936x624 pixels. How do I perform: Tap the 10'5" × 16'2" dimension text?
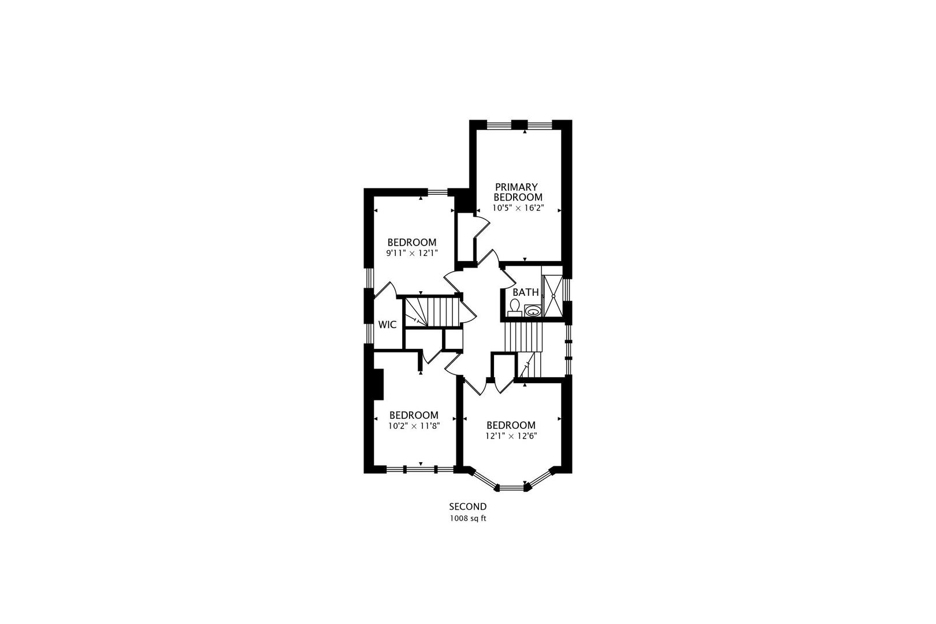pyautogui.click(x=518, y=207)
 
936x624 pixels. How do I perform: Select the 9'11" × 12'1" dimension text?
pyautogui.click(x=412, y=252)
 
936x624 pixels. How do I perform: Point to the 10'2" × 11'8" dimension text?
pyautogui.click(x=414, y=426)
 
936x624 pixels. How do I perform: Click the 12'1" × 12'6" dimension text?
pyautogui.click(x=511, y=436)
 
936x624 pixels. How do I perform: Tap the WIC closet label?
pyautogui.click(x=387, y=325)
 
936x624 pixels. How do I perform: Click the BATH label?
pyautogui.click(x=525, y=292)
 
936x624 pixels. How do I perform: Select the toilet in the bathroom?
pyautogui.click(x=515, y=308)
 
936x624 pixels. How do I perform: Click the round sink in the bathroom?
pyautogui.click(x=533, y=311)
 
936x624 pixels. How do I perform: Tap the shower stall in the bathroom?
pyautogui.click(x=552, y=296)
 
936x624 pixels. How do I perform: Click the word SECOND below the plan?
pyautogui.click(x=468, y=507)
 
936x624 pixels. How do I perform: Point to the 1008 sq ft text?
pyautogui.click(x=468, y=518)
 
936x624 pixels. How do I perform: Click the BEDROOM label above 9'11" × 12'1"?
pyautogui.click(x=412, y=242)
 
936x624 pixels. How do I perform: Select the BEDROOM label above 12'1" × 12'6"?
pyautogui.click(x=511, y=425)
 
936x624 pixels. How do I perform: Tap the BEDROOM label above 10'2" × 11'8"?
pyautogui.click(x=414, y=415)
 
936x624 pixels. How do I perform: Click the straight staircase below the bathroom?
pyautogui.click(x=523, y=336)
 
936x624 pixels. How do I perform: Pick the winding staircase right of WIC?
pyautogui.click(x=430, y=312)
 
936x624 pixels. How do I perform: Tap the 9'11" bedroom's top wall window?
pyautogui.click(x=437, y=192)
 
